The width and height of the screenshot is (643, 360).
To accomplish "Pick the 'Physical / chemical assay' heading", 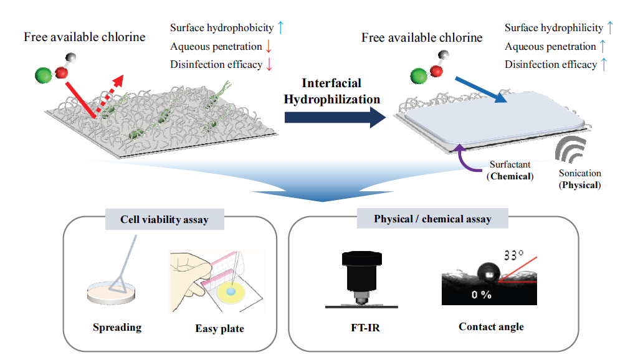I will click(x=432, y=219).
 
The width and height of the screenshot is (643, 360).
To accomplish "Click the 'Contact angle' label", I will click(x=491, y=326).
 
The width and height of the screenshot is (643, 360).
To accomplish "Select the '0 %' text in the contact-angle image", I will click(x=481, y=295).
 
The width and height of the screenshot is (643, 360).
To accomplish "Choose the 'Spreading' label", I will click(x=117, y=328).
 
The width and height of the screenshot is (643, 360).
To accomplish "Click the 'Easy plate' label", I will click(x=219, y=328).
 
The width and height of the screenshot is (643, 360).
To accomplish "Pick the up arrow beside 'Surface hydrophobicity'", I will click(x=280, y=27).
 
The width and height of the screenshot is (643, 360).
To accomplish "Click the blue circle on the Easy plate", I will click(x=231, y=291).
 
